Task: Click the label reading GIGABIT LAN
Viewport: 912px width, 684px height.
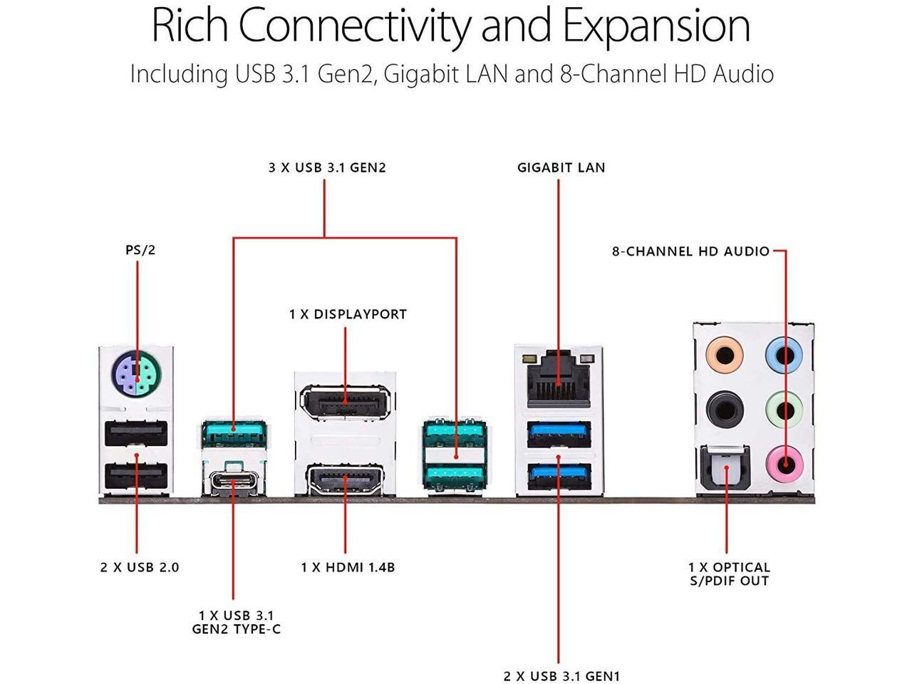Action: pyautogui.click(x=561, y=168)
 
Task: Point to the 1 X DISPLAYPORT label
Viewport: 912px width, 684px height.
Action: pyautogui.click(x=348, y=314)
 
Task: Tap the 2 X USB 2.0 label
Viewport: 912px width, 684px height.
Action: pyautogui.click(x=140, y=568)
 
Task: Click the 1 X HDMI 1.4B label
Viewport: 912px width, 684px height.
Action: pyautogui.click(x=348, y=568)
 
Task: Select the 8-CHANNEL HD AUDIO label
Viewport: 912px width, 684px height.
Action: pyautogui.click(x=690, y=252)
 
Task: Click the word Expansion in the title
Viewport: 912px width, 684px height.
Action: pyautogui.click(x=656, y=26)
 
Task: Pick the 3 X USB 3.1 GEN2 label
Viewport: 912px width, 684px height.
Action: pyautogui.click(x=327, y=168)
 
